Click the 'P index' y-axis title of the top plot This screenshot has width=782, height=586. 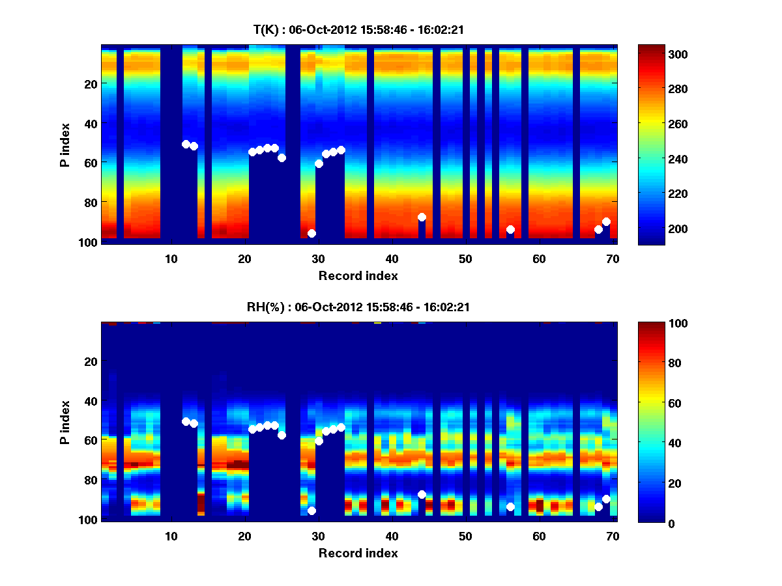pos(65,144)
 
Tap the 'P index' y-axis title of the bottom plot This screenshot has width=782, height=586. pos(65,421)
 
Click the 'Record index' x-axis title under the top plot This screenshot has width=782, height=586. pos(358,275)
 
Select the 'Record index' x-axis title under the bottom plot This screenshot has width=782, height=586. pos(358,553)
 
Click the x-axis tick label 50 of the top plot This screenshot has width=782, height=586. pos(465,258)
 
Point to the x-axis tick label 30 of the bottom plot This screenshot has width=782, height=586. pos(318,536)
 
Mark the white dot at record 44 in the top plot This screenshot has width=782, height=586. pos(422,217)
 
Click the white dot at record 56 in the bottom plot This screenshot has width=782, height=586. pos(510,507)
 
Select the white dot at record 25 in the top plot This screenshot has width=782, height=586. pos(282,158)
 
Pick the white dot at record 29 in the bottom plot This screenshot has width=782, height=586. pos(311,510)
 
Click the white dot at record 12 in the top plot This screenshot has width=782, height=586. pos(186,144)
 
